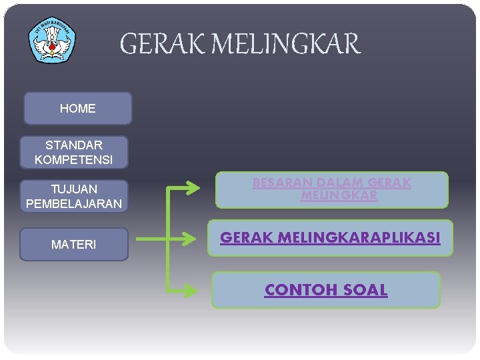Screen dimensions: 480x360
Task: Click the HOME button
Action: click(77, 108)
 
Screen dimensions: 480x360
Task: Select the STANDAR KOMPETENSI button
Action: click(73, 152)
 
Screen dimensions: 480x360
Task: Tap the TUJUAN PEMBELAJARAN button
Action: click(73, 196)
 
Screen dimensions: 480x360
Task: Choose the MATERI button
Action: click(73, 245)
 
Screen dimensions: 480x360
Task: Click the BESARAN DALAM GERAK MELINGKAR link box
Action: click(331, 189)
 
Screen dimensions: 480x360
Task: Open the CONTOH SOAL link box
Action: click(326, 290)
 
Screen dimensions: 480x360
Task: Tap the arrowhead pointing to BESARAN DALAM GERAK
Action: click(193, 188)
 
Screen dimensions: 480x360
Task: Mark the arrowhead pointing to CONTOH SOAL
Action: click(193, 290)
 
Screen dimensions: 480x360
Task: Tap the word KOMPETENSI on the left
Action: click(73, 160)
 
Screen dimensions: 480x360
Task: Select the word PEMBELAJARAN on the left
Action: click(73, 204)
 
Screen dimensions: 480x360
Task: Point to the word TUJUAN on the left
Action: click(74, 189)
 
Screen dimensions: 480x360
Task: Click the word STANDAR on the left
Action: click(73, 145)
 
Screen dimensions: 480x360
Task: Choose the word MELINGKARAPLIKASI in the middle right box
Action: click(367, 237)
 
